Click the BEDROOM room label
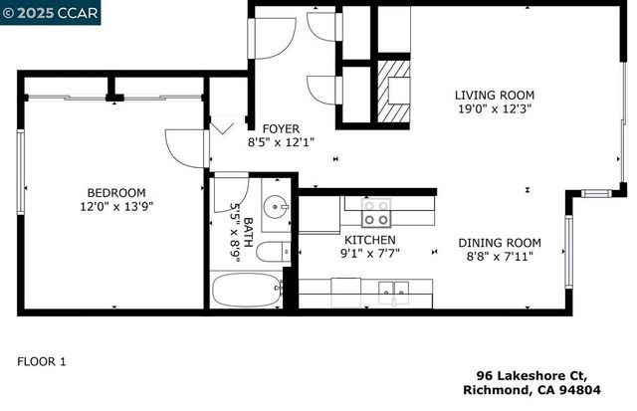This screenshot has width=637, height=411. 116,192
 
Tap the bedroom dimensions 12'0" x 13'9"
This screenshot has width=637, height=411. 116,206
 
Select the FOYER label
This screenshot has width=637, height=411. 282,128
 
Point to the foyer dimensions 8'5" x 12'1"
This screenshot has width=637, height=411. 282,142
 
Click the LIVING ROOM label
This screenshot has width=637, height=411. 494,94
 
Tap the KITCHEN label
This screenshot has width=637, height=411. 370,240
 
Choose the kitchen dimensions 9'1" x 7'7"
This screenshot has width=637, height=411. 370,254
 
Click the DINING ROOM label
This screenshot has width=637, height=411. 500,243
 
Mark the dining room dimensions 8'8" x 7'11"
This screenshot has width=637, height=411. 500,257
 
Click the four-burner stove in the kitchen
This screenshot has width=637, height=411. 375,212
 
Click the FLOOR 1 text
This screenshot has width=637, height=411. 42,361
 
